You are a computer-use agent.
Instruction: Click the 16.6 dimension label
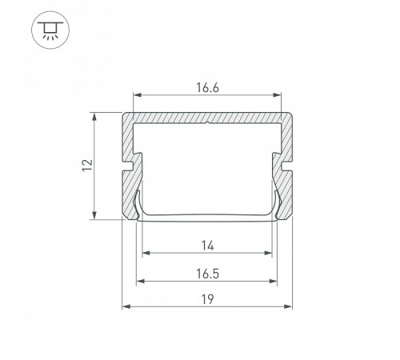click(x=207, y=88)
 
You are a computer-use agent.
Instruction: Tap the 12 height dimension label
click(x=87, y=166)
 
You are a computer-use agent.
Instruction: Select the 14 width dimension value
click(x=207, y=246)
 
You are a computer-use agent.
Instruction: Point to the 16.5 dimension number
click(x=207, y=274)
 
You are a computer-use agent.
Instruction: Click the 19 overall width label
click(x=207, y=299)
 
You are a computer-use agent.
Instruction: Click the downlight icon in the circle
click(x=50, y=30)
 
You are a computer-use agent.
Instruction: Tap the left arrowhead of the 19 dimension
click(x=126, y=306)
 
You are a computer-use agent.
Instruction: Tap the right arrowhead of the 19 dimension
click(x=289, y=306)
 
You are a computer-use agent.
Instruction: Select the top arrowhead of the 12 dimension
click(x=94, y=117)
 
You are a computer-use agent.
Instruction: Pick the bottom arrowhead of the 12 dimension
click(x=94, y=215)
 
